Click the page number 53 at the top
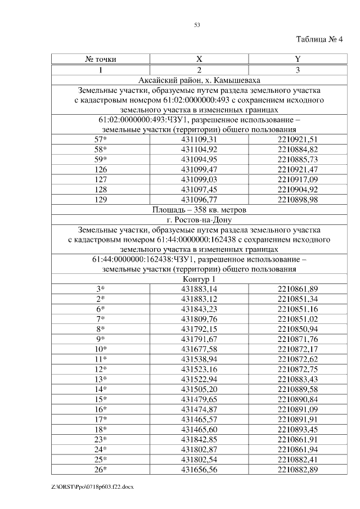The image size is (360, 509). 197,25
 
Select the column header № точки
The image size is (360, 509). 101,60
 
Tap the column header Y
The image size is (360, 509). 298,60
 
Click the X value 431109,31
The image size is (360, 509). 199,138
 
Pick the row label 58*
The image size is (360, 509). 101,149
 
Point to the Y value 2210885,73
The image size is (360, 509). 298,159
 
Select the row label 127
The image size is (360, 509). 101,179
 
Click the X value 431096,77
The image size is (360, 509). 199,200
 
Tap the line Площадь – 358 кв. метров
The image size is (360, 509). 199,210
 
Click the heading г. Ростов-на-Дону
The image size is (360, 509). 199,220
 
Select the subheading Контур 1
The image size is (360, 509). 199,279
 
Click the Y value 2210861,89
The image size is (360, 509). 298,289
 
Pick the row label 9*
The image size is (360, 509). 101,340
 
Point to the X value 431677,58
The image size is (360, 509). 199,349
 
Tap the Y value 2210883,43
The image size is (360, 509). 298,380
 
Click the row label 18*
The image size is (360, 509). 101,430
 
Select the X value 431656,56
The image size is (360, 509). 199,470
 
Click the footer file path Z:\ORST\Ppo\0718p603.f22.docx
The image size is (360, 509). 93,486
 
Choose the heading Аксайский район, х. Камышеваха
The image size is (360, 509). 199,80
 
